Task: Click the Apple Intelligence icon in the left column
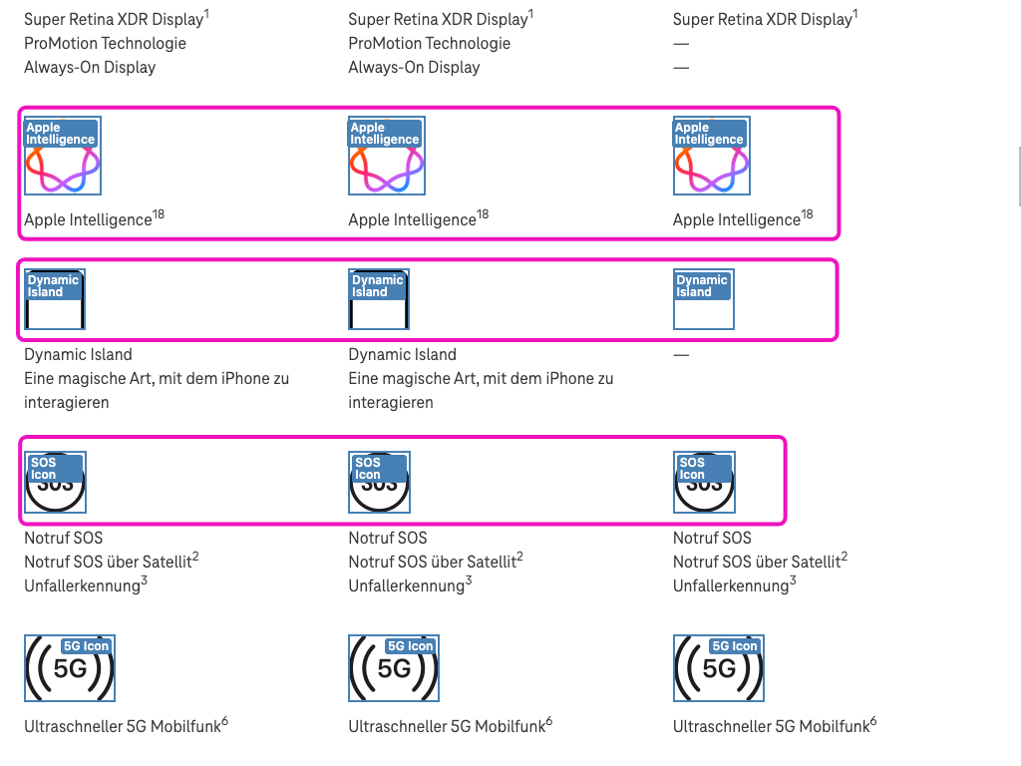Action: tap(63, 156)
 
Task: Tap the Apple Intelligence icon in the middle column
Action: tap(387, 156)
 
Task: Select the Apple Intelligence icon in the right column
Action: tap(712, 156)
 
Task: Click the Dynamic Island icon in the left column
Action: tap(55, 299)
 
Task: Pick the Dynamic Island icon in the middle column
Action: tap(379, 299)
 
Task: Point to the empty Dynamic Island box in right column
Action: tap(704, 299)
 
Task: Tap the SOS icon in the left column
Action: tap(55, 483)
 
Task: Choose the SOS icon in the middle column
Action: tap(379, 483)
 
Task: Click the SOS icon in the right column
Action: tap(704, 483)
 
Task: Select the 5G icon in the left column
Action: tap(70, 667)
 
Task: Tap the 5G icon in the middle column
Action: tap(394, 667)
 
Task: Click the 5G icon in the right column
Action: tap(719, 667)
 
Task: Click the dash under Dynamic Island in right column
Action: tap(681, 355)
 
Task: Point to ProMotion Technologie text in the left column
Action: tap(105, 44)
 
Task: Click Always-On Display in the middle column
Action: tap(414, 68)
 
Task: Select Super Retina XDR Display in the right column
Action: tap(762, 20)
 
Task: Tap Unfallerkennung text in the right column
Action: tap(730, 586)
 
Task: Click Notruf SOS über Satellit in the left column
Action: tap(108, 563)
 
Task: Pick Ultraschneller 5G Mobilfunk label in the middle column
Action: tap(447, 727)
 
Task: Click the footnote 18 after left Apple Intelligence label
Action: tap(159, 214)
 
